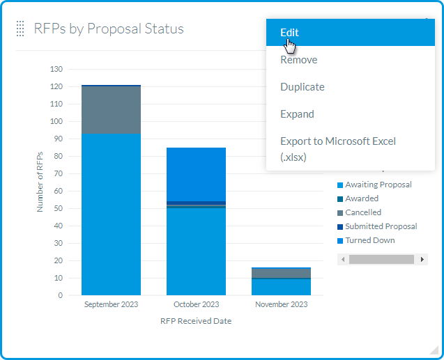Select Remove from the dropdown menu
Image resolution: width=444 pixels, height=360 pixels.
point(298,60)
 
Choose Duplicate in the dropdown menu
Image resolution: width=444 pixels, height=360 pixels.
point(302,87)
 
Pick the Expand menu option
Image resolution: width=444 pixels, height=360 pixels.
point(297,114)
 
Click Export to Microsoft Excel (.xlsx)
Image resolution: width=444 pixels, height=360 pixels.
point(337,149)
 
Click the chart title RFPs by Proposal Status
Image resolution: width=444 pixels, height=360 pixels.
point(109,29)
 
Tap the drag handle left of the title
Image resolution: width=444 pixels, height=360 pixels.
point(21,29)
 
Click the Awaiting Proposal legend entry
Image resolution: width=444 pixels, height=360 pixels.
point(378,185)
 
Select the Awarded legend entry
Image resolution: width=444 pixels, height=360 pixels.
point(362,198)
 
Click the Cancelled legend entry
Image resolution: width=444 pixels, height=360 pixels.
point(363,212)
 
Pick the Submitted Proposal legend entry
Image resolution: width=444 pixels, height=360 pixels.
point(381,226)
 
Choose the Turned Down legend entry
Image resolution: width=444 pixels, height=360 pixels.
point(369,240)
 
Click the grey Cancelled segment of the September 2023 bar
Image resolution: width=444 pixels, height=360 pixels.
point(111,110)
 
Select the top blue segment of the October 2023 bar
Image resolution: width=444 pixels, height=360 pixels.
point(196,174)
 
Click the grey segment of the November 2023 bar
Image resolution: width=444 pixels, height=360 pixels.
point(281,273)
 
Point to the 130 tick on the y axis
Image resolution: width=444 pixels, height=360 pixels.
point(56,69)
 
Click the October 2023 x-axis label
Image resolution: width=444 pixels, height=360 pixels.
point(196,304)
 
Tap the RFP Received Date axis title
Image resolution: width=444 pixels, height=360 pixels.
point(196,321)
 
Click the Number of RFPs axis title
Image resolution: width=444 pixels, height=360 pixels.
point(40,182)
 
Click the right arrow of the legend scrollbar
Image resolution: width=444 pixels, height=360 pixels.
point(422,259)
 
